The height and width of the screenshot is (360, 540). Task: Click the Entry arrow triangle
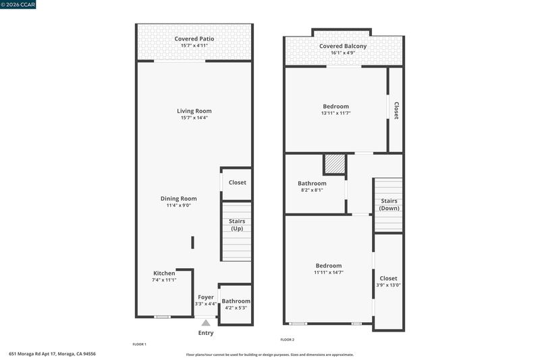coord(206,323)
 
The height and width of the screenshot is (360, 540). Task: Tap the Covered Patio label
coord(194,39)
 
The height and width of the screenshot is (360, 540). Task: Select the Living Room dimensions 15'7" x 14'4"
coord(194,118)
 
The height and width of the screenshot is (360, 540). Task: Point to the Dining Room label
coord(179,199)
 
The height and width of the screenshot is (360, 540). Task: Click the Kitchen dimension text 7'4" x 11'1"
coord(164,280)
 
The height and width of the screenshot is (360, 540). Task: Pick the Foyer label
coord(206,297)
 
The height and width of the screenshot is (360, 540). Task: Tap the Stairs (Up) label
coord(237,225)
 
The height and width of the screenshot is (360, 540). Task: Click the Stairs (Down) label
coord(389,204)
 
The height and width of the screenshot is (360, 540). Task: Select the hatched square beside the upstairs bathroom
coord(335,163)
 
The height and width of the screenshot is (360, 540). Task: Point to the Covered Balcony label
coord(343,46)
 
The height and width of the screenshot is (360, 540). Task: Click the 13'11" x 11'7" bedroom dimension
coord(335,113)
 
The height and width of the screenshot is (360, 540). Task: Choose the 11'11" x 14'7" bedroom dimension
coord(329,272)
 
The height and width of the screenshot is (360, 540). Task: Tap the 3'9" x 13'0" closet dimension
coord(389,285)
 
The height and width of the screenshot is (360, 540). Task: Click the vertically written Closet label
coord(396,111)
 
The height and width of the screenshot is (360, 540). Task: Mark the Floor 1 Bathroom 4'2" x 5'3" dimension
coord(236,307)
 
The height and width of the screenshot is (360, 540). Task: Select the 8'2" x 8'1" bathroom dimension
coord(312,190)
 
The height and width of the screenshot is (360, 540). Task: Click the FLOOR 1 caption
coord(140,344)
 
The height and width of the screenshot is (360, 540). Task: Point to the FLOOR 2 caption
coord(288,340)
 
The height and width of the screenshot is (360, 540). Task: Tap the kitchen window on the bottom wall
coord(162,317)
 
